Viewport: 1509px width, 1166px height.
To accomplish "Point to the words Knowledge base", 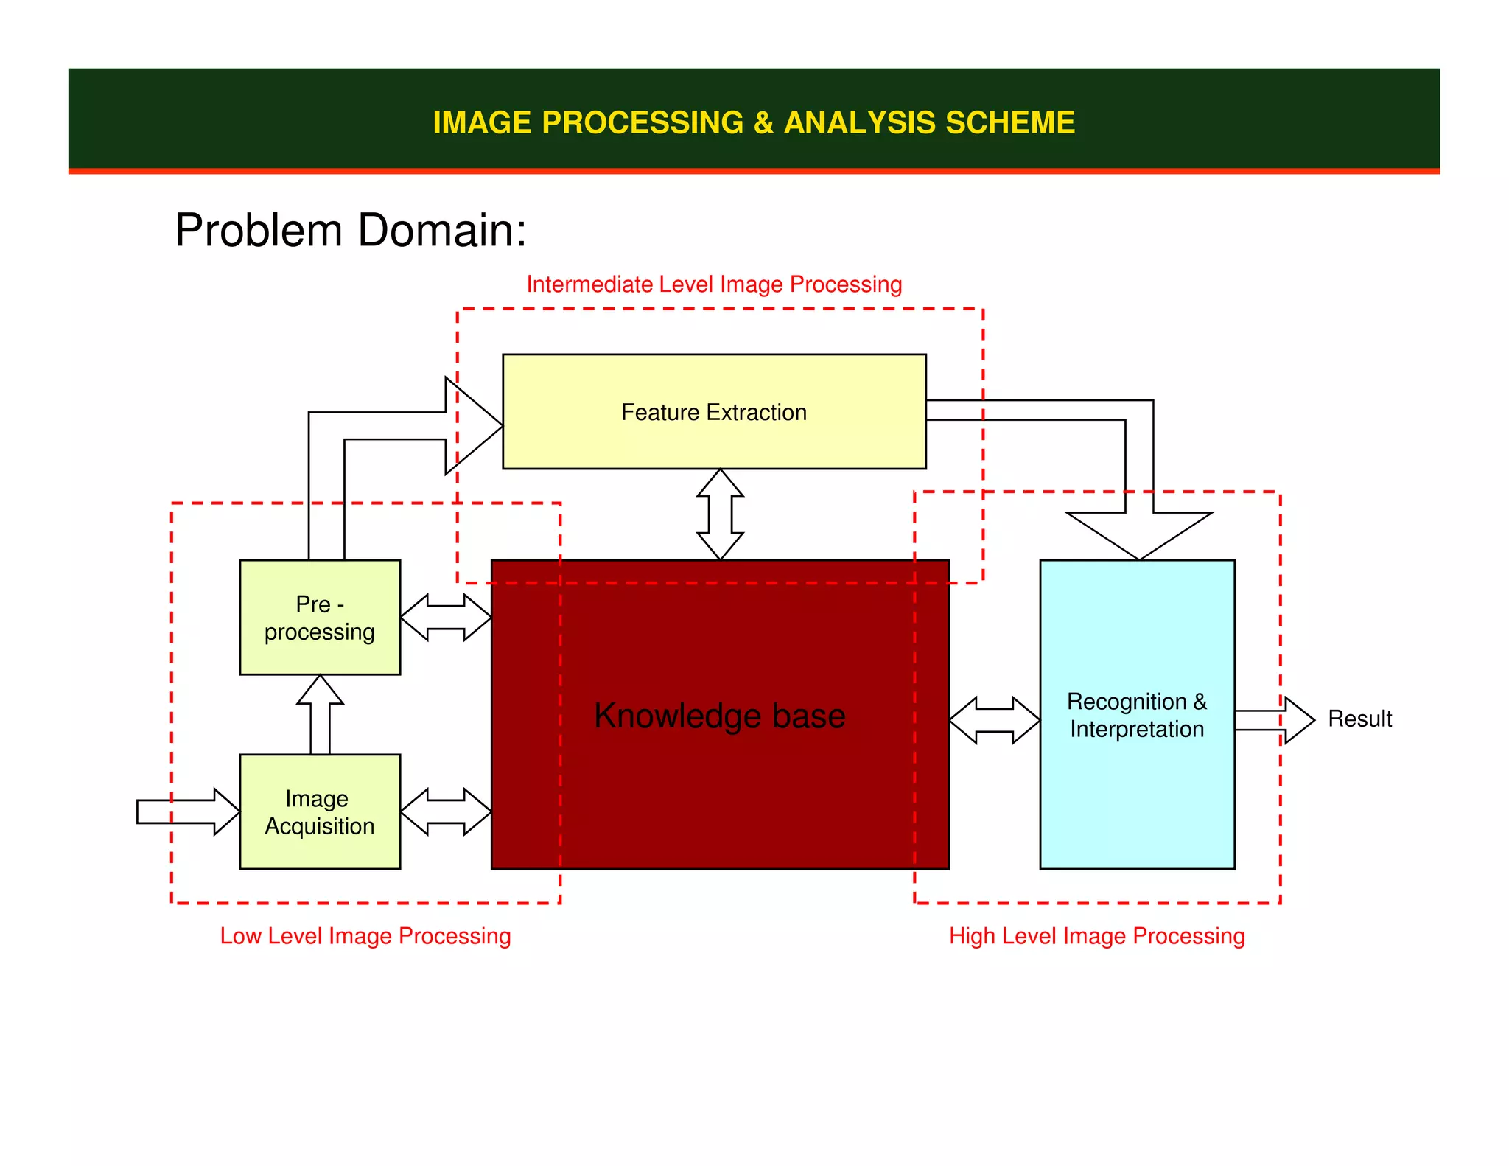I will click(x=719, y=716).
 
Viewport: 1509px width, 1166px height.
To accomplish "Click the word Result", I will click(x=1359, y=719).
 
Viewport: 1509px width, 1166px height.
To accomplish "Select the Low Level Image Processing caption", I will click(x=365, y=936).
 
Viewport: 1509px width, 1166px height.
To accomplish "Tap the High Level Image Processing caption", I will click(x=1096, y=936).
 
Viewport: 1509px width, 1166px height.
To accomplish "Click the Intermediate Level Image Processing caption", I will click(x=714, y=284).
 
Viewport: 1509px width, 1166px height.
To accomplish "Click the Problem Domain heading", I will click(x=351, y=230).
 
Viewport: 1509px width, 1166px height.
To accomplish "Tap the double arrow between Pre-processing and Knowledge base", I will click(x=446, y=618).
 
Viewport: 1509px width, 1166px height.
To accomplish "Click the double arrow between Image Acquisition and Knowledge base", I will click(x=446, y=811).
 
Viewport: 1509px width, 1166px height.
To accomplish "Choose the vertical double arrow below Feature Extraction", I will click(x=720, y=514).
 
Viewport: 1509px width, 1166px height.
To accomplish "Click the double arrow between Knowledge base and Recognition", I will click(x=994, y=720).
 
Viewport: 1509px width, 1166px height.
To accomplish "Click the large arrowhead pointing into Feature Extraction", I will click(x=472, y=425).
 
